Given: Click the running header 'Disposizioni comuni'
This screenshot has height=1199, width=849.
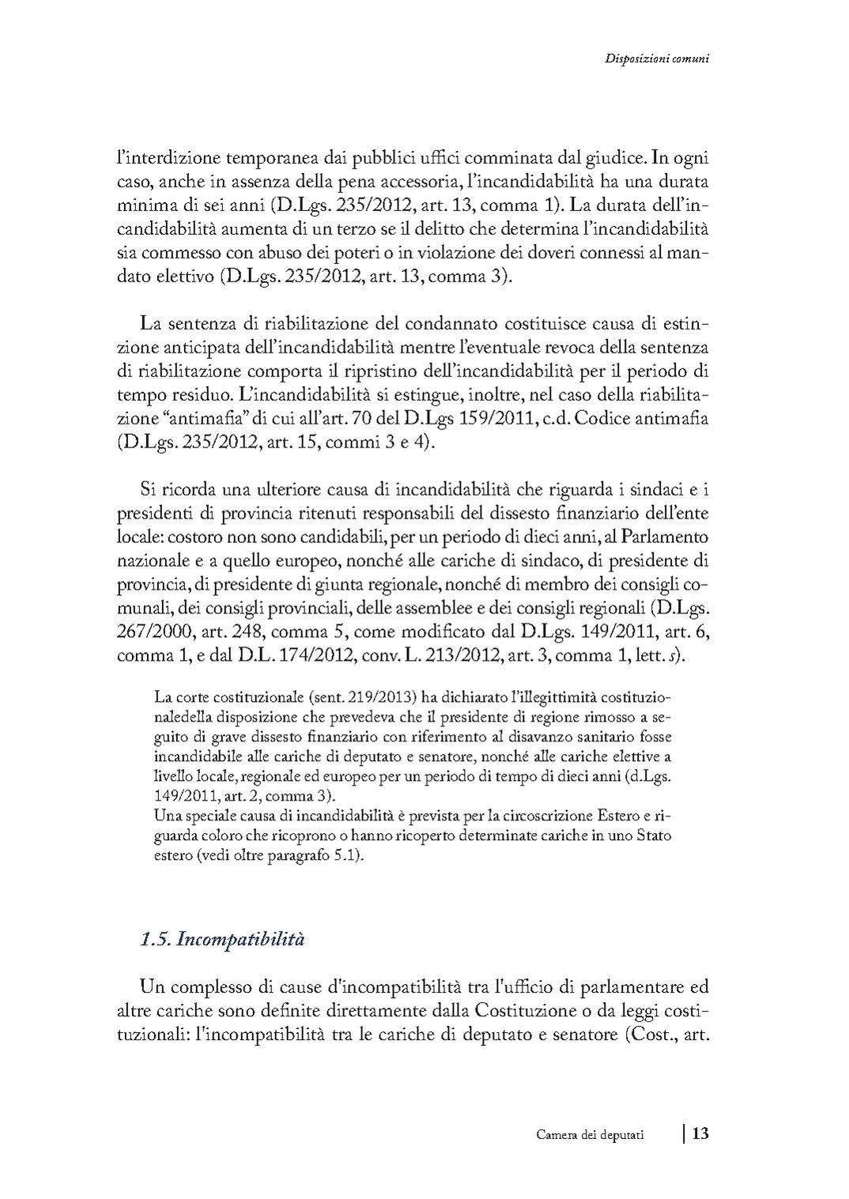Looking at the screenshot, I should click(655, 58).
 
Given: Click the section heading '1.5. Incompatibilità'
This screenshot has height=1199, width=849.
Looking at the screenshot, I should click(222, 940).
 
